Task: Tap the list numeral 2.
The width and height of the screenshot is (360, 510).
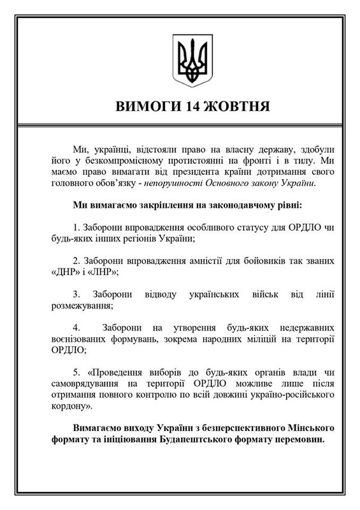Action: pos(76,262)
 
